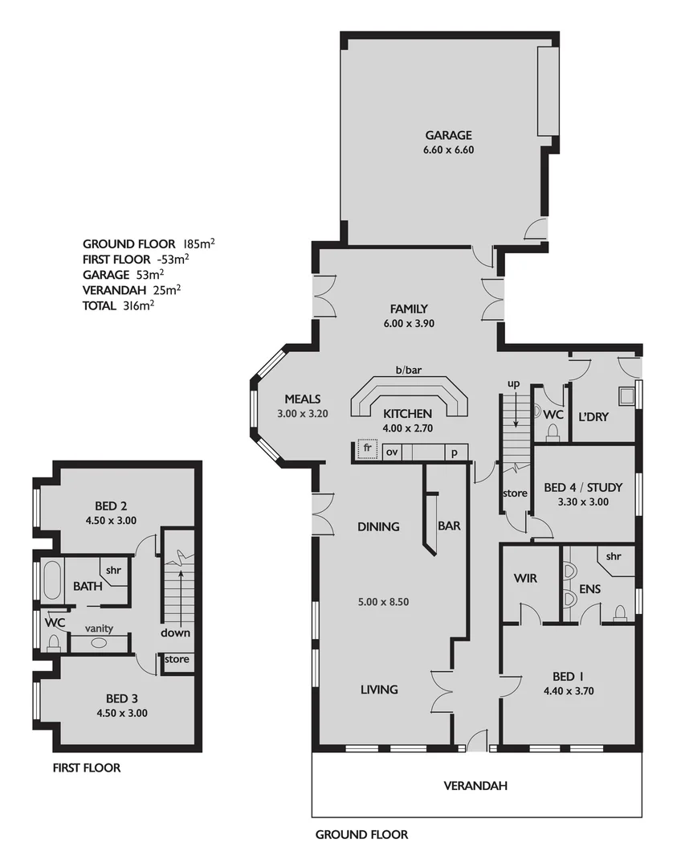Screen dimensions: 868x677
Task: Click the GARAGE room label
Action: pos(448,135)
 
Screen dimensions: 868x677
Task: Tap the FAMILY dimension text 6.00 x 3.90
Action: pos(409,323)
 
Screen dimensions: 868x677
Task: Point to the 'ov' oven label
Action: pos(394,452)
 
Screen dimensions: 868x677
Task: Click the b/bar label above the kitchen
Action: pos(408,371)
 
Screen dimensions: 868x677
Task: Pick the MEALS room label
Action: pos(303,399)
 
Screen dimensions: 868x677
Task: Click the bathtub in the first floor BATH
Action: pos(52,580)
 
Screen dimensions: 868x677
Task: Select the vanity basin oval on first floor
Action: pos(99,643)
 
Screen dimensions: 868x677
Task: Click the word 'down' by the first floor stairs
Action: pos(175,633)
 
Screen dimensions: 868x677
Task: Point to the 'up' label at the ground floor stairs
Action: pos(514,384)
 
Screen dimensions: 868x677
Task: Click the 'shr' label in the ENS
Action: pos(614,556)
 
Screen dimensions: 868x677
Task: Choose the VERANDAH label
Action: pos(475,785)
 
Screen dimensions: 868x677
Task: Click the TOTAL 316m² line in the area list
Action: pos(118,305)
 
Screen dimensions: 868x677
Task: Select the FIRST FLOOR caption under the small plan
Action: pos(86,768)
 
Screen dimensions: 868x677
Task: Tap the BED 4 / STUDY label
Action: pos(582,487)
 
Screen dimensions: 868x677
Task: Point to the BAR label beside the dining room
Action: pos(448,526)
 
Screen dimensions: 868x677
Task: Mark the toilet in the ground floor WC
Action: pos(552,432)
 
